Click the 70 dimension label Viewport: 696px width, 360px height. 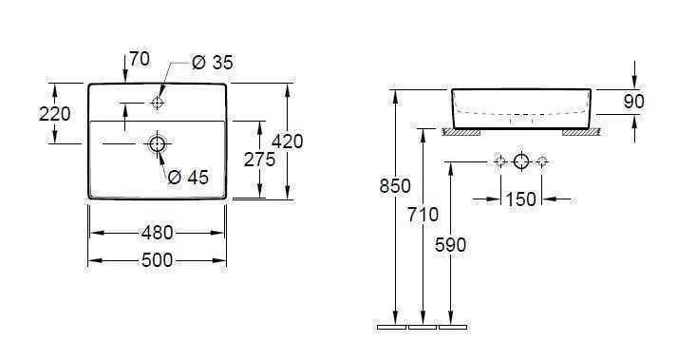(x=139, y=59)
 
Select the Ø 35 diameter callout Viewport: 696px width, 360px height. (x=212, y=63)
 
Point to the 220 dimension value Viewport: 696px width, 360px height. (x=28, y=114)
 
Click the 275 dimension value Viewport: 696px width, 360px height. (x=259, y=160)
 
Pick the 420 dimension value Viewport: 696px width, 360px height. (x=287, y=141)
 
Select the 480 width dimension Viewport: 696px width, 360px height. (x=157, y=233)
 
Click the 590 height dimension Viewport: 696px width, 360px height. (x=451, y=244)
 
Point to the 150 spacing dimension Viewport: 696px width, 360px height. (x=521, y=199)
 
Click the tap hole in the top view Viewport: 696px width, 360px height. (x=158, y=101)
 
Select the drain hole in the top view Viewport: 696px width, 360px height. (x=158, y=144)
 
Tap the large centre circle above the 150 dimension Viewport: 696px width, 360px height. (x=520, y=161)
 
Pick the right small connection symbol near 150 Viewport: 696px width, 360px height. (x=542, y=161)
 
